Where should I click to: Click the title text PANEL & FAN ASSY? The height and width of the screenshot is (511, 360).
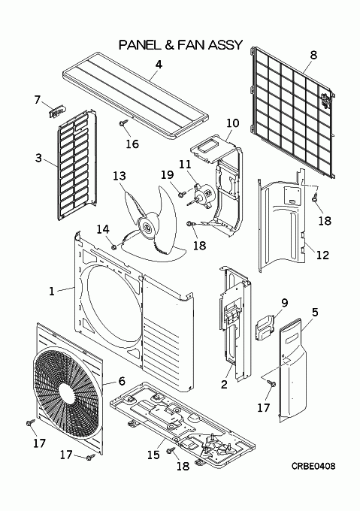click(181, 44)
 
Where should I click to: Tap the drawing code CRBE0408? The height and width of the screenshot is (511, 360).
click(313, 467)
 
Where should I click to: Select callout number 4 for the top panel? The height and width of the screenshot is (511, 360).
click(159, 65)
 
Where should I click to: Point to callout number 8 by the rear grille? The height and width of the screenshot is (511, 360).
click(313, 55)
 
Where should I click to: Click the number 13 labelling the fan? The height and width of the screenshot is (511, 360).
click(119, 176)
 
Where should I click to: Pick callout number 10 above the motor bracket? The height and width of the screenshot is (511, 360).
click(233, 123)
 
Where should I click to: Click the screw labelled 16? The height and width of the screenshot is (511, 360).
click(123, 123)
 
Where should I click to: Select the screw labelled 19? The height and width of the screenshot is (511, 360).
click(181, 194)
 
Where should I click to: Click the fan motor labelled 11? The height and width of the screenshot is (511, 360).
click(204, 193)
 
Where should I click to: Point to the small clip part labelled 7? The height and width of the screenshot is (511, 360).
click(57, 112)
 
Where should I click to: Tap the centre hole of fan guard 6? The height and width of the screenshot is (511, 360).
click(68, 390)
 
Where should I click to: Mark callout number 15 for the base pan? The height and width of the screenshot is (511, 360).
click(153, 455)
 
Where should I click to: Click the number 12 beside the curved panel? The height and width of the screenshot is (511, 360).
click(322, 255)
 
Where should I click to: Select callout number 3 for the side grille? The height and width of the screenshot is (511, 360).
click(38, 158)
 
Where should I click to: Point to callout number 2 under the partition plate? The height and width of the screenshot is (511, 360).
click(224, 384)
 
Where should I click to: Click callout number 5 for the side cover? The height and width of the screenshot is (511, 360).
click(315, 312)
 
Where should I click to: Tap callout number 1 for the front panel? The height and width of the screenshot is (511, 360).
click(51, 291)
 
